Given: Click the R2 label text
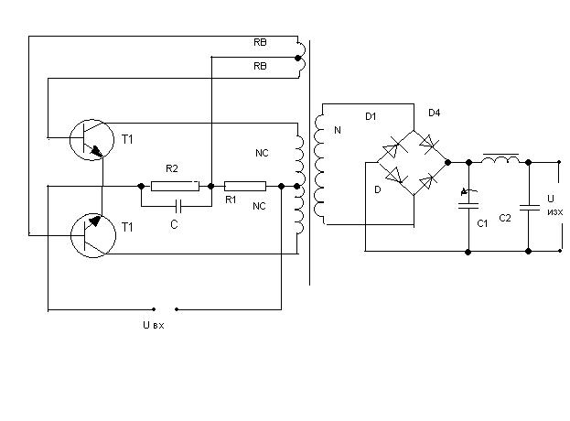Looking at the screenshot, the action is [x=172, y=168].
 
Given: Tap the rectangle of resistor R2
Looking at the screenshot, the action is [x=176, y=186].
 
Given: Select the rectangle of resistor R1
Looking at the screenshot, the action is [x=245, y=186].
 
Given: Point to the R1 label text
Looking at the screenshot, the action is [x=231, y=200].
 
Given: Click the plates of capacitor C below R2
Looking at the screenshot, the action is [x=178, y=206].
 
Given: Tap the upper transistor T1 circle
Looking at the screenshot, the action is [x=91, y=140].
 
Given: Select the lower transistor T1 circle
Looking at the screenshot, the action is [x=93, y=235].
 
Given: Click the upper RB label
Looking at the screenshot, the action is [x=260, y=42].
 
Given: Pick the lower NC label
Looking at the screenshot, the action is [x=259, y=206].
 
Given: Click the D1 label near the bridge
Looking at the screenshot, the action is [x=371, y=117].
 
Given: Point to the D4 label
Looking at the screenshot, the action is [x=434, y=113].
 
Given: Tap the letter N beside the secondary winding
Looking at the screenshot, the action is [x=338, y=130].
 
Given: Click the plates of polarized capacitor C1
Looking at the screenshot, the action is [x=468, y=206].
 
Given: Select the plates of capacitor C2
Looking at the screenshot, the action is [x=529, y=208].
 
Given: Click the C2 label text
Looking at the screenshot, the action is [x=505, y=218].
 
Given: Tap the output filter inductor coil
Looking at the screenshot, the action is [x=500, y=159].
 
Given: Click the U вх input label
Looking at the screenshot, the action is [x=154, y=325].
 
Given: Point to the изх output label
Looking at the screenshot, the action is [x=555, y=212].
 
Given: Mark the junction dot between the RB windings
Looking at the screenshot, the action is [x=298, y=58].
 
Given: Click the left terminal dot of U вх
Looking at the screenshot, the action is [x=154, y=309].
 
